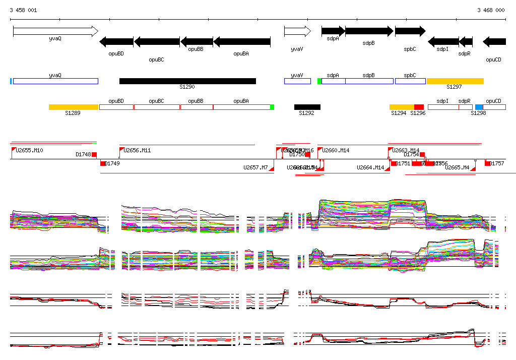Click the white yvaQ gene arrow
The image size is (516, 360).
(x=55, y=31)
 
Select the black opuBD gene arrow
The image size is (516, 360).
(x=116, y=42)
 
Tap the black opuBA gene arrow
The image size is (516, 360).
(x=242, y=42)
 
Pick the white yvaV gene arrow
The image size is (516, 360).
(x=297, y=31)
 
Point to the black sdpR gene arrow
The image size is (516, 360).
(x=466, y=42)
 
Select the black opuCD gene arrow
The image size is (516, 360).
(x=494, y=42)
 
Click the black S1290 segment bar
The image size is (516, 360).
(x=187, y=81)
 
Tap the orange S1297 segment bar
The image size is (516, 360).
(x=455, y=81)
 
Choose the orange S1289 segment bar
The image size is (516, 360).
(x=74, y=107)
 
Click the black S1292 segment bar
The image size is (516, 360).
(x=307, y=107)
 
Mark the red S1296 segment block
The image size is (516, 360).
(x=419, y=107)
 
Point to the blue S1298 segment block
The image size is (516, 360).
(x=479, y=107)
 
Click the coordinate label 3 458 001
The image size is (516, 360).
(x=23, y=10)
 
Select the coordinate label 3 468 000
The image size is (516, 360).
(x=491, y=10)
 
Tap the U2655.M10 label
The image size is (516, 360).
(x=30, y=150)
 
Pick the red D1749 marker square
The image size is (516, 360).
(x=103, y=163)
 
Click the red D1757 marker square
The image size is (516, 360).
(x=487, y=163)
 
